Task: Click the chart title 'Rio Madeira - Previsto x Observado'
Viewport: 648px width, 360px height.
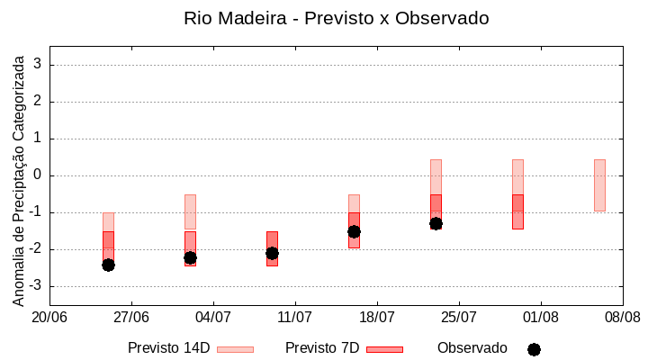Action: point(336,18)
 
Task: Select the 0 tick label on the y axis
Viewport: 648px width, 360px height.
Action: point(39,175)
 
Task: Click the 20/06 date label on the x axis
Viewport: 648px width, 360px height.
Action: point(49,318)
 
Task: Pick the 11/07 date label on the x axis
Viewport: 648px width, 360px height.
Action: point(295,318)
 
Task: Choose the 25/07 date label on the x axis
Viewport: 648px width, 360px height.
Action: point(459,318)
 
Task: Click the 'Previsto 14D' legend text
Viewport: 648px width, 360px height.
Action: point(168,348)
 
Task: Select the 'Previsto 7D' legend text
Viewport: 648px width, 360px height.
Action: point(322,348)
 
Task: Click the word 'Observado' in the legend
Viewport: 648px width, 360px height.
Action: point(472,348)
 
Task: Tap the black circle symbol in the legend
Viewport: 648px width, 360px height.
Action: point(534,349)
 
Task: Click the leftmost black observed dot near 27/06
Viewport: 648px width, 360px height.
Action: point(108,265)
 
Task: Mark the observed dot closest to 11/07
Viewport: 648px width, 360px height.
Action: point(272,253)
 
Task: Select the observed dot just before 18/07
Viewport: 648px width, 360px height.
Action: point(354,231)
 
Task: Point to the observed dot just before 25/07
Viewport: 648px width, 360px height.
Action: point(436,223)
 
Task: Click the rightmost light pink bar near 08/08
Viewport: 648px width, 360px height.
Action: point(599,184)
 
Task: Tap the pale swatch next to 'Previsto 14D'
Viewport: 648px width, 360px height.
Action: point(235,349)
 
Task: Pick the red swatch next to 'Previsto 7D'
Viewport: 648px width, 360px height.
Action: point(384,349)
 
